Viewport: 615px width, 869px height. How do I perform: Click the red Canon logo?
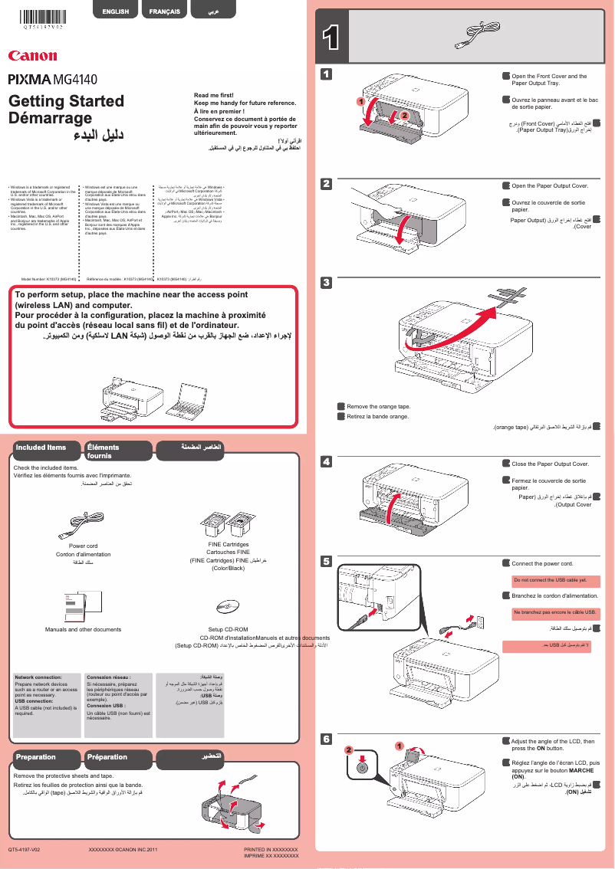coord(32,55)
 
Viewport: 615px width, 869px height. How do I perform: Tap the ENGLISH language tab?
coord(115,11)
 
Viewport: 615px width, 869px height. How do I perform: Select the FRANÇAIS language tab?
coord(165,11)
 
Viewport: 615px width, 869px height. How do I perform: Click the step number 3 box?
coord(326,283)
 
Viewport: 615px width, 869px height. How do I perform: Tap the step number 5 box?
coord(326,562)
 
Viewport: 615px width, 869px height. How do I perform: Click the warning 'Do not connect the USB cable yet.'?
coord(549,580)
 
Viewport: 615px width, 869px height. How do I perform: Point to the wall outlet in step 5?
coord(479,618)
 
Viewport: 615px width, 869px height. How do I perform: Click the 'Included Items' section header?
coord(41,447)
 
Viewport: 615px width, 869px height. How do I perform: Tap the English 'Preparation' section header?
coord(36,757)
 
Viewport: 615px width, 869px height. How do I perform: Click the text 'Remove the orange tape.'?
coord(378,407)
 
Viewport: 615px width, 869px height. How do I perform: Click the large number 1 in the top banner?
coord(331,38)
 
